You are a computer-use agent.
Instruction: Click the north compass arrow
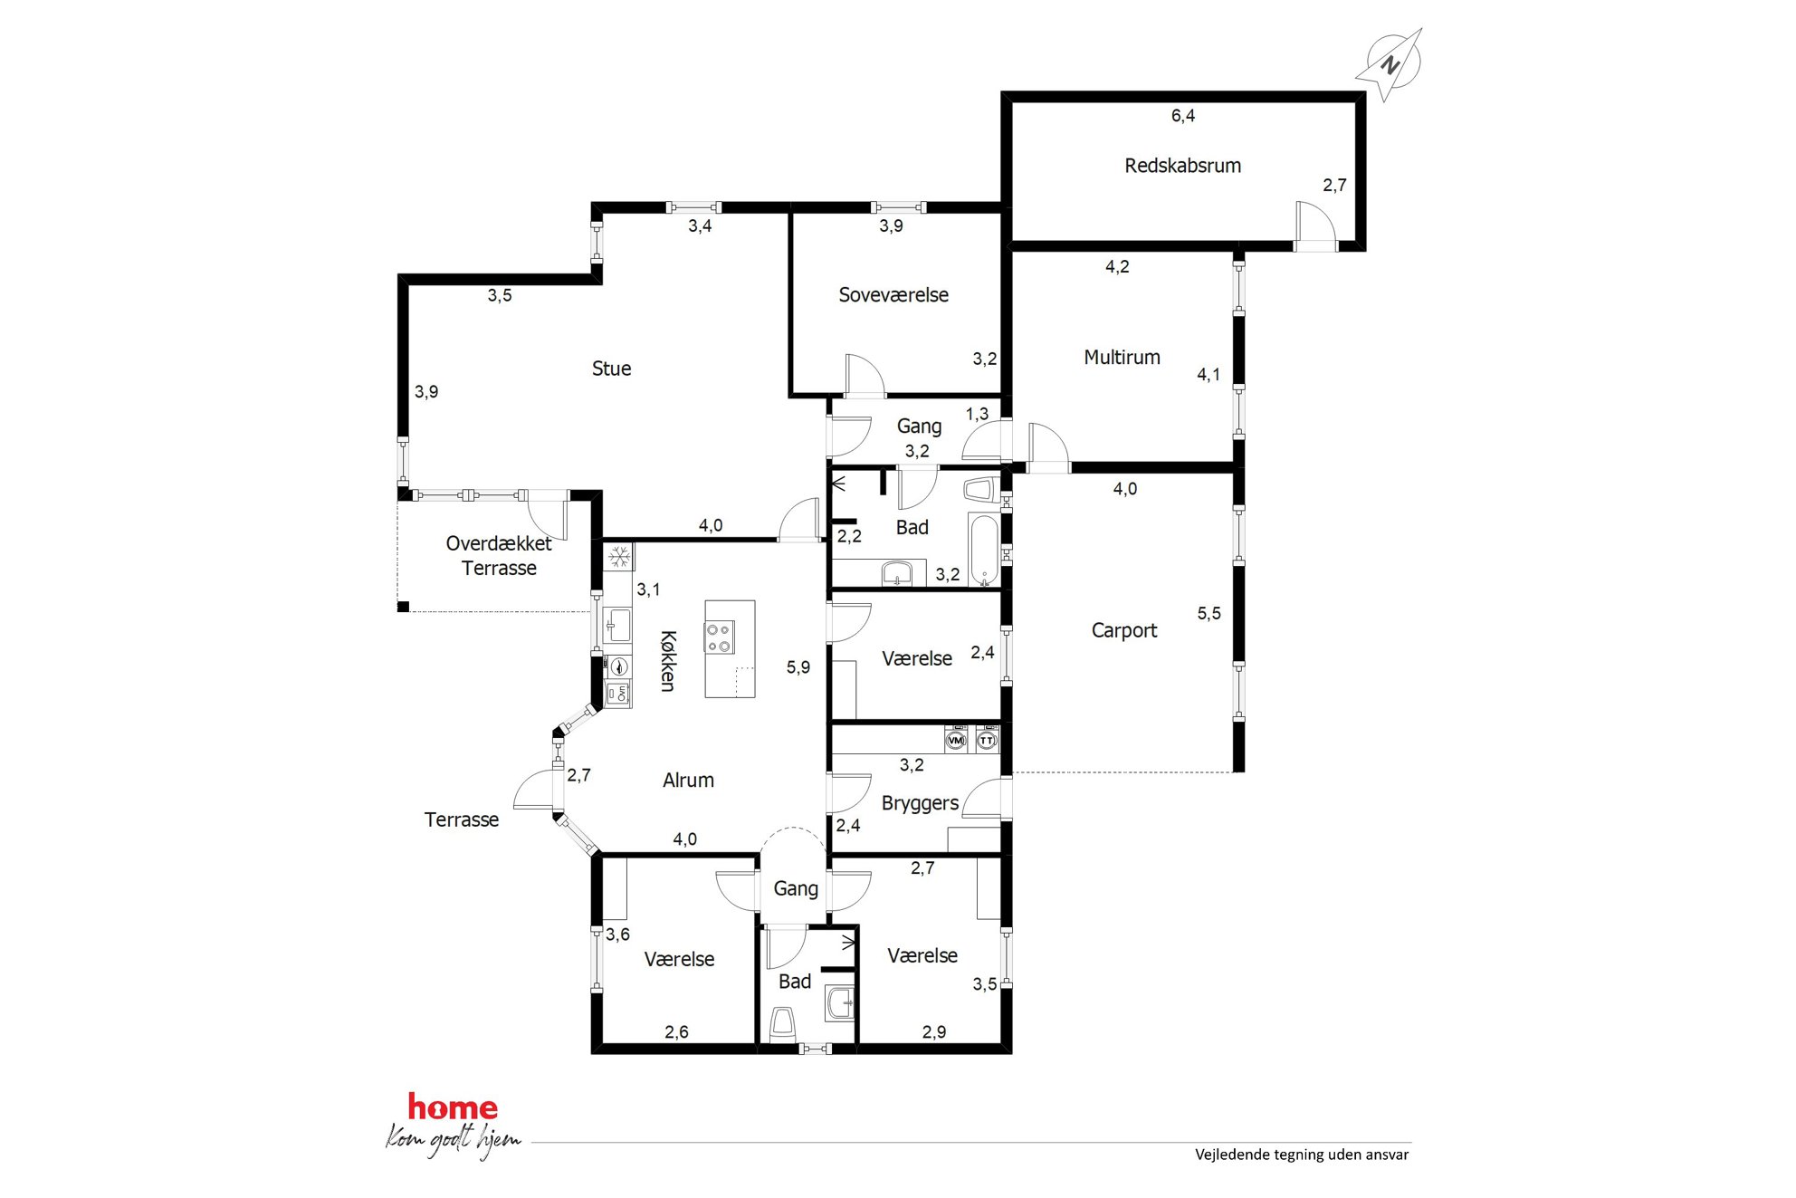click(x=1390, y=64)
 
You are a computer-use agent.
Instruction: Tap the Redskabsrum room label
click(x=1182, y=166)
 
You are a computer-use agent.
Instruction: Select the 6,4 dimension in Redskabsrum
click(x=1182, y=116)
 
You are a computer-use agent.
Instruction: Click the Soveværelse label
click(x=893, y=295)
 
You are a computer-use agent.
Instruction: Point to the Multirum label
click(x=1122, y=358)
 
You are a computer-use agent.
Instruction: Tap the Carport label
click(x=1123, y=630)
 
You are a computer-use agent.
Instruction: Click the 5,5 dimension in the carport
click(x=1208, y=614)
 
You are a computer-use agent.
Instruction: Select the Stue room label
click(x=611, y=369)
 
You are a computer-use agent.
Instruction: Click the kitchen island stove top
click(x=720, y=637)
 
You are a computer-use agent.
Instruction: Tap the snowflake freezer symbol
click(x=619, y=557)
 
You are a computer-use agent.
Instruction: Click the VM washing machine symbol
click(x=956, y=740)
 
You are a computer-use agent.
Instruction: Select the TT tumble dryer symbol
click(x=987, y=740)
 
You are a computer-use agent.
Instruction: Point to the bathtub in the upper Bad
click(x=984, y=551)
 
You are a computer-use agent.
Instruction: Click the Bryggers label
click(x=920, y=804)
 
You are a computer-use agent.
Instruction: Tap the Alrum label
click(x=688, y=781)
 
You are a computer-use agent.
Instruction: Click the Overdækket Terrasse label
click(x=499, y=556)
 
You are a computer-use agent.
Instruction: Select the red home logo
click(x=453, y=1107)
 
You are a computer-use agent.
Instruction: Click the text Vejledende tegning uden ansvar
click(x=1302, y=1155)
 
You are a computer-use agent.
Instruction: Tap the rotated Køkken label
click(x=668, y=661)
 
